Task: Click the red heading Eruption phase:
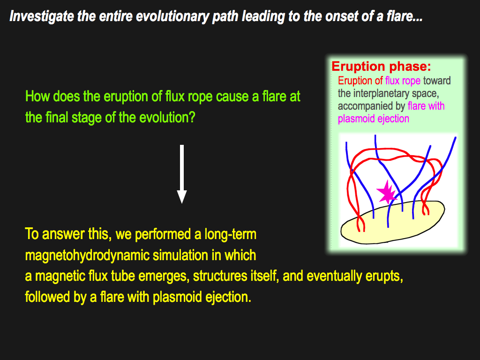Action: [x=381, y=67]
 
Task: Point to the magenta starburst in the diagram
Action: [x=387, y=193]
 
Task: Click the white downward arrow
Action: [x=182, y=174]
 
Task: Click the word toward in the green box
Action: [x=437, y=81]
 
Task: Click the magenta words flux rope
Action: [x=403, y=81]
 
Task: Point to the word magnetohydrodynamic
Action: [x=87, y=255]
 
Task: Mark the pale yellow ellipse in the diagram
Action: [x=393, y=223]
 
